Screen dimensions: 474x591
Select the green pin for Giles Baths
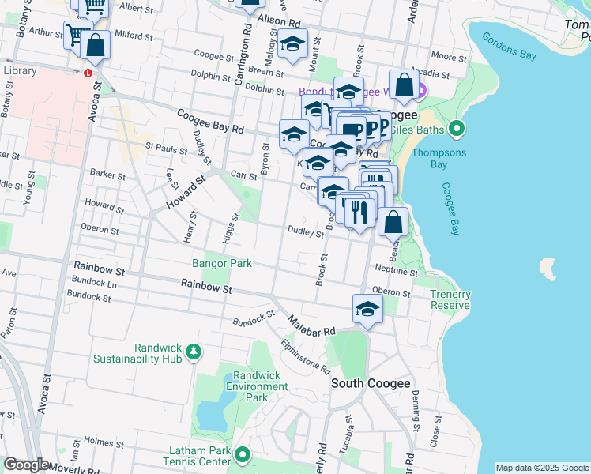[x=456, y=128]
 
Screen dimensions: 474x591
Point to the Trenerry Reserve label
[x=450, y=299]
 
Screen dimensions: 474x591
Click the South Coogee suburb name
[x=371, y=383]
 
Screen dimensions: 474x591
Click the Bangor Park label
[x=222, y=263]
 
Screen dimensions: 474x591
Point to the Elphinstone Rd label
[x=304, y=356]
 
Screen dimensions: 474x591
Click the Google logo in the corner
[x=26, y=465]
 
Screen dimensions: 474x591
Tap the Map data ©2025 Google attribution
[x=542, y=468]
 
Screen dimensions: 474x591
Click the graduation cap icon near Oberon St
[x=367, y=309]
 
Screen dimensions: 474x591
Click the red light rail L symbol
[x=87, y=73]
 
